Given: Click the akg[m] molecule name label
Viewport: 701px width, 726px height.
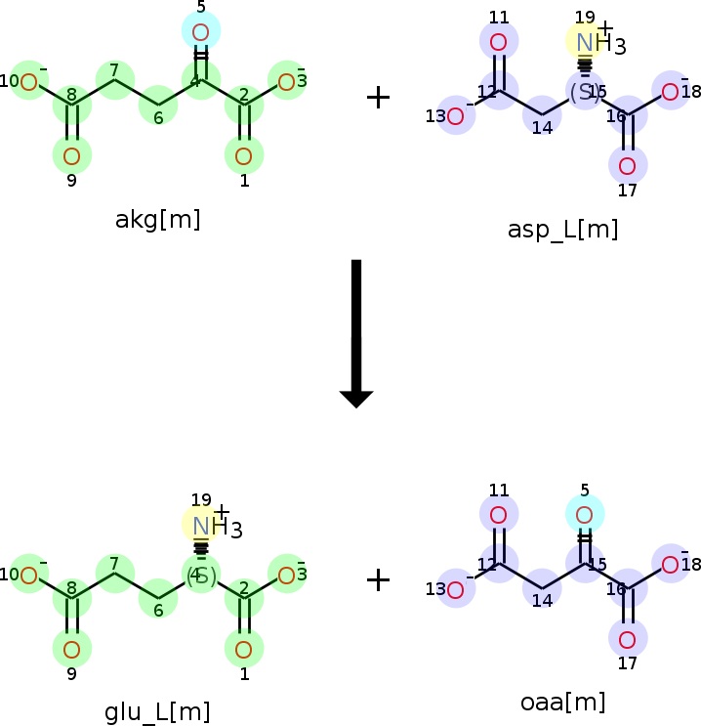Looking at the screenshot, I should pos(157,219).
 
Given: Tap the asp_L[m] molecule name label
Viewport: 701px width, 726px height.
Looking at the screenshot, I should pos(562,230).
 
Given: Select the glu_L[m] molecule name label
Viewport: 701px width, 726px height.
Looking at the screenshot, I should pos(157,712).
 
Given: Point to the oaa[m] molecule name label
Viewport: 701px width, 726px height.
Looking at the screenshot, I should pos(562,702).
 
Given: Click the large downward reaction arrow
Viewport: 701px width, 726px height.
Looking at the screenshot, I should pos(356,332).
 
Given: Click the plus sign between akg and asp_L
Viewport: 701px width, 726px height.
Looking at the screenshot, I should pos(378,97).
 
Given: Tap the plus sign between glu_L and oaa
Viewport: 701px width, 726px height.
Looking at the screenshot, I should pos(378,579).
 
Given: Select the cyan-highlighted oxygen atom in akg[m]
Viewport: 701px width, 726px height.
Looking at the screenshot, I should pos(201,32).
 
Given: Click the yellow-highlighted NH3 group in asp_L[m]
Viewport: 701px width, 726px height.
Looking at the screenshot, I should pos(586,42).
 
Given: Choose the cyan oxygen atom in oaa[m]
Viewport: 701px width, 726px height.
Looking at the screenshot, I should pos(585,514).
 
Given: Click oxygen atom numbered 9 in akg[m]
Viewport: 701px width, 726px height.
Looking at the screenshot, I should pos(71,155).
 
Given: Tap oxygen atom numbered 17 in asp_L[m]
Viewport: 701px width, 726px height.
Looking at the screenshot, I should pos(627,165).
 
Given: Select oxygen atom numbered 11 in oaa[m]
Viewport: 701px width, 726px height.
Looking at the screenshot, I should pos(498,514).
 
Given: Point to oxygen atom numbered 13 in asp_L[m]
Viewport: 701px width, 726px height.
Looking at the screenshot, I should pos(455,116).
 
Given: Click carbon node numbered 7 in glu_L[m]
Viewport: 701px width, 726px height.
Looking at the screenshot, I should pos(115,569).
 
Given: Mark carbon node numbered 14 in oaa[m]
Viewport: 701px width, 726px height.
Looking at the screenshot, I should pos(542,594).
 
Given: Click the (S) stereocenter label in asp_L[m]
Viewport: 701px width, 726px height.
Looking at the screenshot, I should pos(584,93).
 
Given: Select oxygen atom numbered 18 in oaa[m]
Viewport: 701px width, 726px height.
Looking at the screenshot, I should pos(671,564).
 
